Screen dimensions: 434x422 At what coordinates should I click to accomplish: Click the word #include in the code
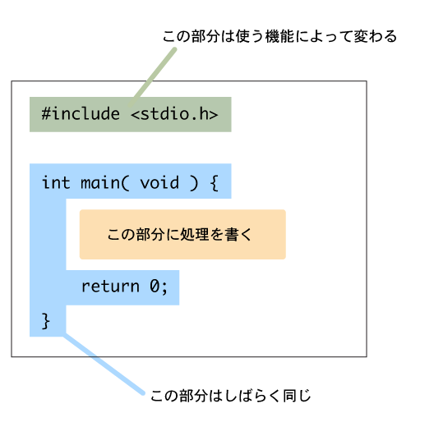(x=81, y=113)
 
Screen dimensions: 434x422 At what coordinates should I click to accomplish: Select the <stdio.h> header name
(x=174, y=113)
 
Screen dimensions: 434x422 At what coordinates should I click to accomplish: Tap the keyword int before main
(x=56, y=182)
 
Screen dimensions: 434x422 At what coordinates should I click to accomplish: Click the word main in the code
(x=100, y=183)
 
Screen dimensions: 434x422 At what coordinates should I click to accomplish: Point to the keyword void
(x=159, y=183)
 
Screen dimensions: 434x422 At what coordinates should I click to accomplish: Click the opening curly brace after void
(x=215, y=183)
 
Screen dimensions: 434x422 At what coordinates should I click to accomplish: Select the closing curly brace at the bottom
(x=46, y=321)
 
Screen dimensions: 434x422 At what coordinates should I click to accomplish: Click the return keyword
(x=110, y=287)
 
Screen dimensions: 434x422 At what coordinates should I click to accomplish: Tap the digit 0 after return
(x=155, y=286)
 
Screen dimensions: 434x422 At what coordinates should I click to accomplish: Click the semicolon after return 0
(x=164, y=288)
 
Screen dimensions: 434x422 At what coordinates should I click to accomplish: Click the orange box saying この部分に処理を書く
(x=182, y=235)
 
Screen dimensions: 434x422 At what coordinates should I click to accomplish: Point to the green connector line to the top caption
(x=153, y=77)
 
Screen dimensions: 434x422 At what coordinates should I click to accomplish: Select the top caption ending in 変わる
(x=279, y=36)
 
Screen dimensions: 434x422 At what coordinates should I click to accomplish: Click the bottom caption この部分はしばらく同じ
(x=230, y=396)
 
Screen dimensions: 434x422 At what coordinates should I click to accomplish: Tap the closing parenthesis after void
(x=194, y=183)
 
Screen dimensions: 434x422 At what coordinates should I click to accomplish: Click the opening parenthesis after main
(x=125, y=183)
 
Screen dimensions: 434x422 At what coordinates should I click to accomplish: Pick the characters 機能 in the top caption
(x=279, y=36)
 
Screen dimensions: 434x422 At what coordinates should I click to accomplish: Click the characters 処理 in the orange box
(x=194, y=235)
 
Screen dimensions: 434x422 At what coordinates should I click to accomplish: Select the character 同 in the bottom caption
(x=289, y=396)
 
